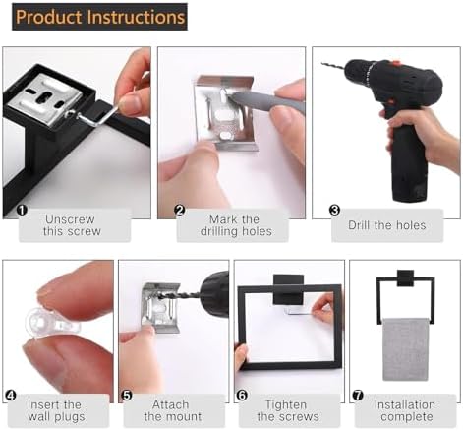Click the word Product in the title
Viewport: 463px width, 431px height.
[49, 17]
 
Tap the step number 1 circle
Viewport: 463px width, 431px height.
[22, 210]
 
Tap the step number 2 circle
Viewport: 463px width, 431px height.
[180, 210]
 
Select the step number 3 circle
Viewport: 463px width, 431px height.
[334, 210]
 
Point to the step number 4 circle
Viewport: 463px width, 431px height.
[11, 396]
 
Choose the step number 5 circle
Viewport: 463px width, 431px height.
[127, 396]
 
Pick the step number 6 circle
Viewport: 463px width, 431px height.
[242, 396]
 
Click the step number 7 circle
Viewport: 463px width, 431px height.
[358, 396]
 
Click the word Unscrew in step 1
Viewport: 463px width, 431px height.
[70, 219]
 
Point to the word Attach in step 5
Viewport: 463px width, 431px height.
[170, 404]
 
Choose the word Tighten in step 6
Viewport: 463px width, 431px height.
[286, 405]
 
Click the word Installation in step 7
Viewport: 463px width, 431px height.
[405, 404]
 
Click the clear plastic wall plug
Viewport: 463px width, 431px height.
[52, 321]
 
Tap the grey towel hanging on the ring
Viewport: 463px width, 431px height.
[405, 349]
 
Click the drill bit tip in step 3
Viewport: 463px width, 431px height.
[322, 64]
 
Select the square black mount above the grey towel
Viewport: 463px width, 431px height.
[405, 278]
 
